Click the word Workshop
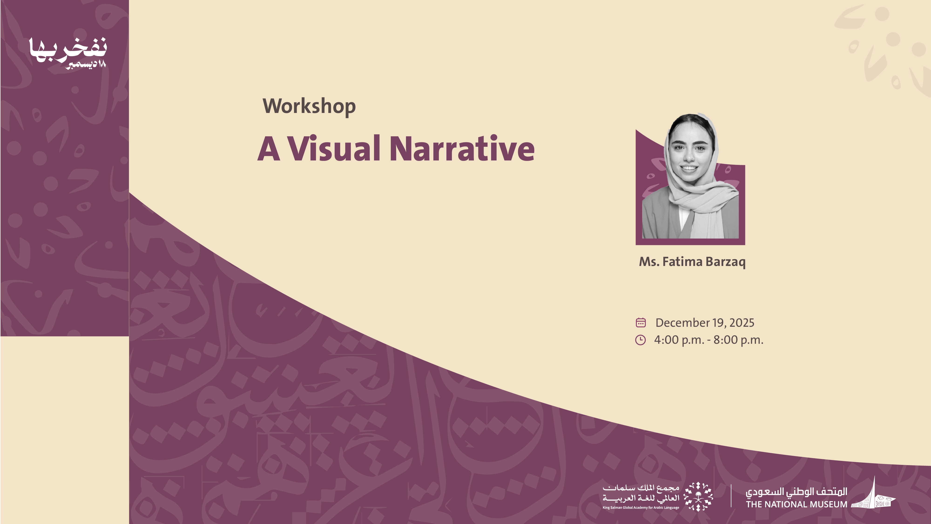(309, 106)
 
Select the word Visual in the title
(334, 148)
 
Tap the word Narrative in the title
(462, 148)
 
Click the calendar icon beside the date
(641, 322)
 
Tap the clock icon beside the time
(641, 340)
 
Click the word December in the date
(683, 323)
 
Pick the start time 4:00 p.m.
(679, 340)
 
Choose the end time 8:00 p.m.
(738, 340)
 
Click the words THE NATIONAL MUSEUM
(796, 504)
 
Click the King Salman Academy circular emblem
(698, 496)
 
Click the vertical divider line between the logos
(731, 496)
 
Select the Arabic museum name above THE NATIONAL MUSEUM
(796, 492)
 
